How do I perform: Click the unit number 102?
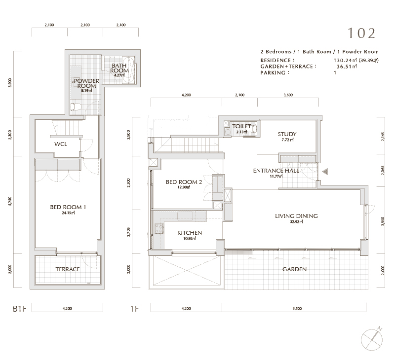[361, 33]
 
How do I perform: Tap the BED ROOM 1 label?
[68, 207]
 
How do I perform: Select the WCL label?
[61, 144]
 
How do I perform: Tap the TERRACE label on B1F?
[68, 269]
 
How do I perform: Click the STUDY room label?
[287, 134]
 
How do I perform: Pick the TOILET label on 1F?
[241, 126]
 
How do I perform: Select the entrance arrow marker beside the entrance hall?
[325, 172]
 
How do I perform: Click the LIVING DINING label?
[296, 216]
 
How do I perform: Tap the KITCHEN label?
[190, 233]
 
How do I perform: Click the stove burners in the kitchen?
[159, 229]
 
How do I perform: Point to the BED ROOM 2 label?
[184, 182]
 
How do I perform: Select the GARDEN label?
[294, 269]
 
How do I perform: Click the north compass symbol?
[372, 339]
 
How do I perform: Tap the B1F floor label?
[19, 309]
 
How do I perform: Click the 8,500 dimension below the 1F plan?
[297, 308]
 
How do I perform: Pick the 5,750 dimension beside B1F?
[10, 201]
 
